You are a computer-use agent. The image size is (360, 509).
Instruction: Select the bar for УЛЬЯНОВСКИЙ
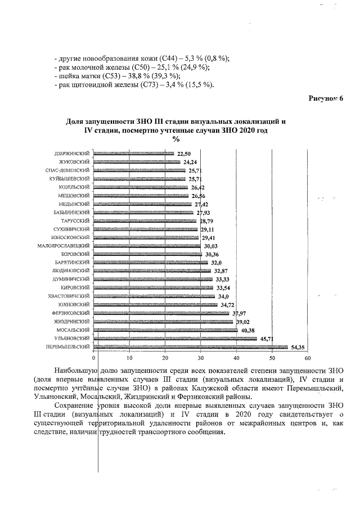pos(174,339)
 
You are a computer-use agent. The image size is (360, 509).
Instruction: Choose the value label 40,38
pos(248,330)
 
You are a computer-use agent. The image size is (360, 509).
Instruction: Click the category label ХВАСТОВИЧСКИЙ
pos(69,296)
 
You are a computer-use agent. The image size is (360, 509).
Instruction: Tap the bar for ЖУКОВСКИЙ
pos(136,162)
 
